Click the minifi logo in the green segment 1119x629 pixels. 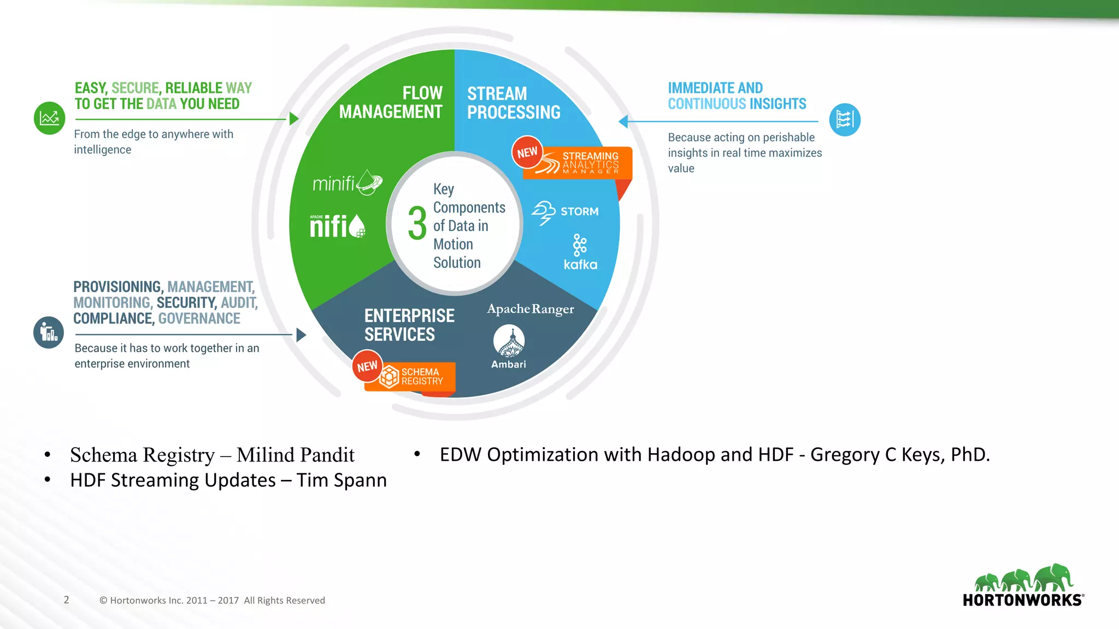coord(347,183)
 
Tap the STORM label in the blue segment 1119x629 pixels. coord(579,211)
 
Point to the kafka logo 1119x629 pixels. coord(580,252)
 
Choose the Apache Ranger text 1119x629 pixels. coord(531,309)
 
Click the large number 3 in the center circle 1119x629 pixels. coord(417,223)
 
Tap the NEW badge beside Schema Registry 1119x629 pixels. coord(367,366)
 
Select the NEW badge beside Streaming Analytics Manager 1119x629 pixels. coord(527,152)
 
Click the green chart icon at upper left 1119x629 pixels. coord(50,118)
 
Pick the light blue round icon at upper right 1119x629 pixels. coord(845,120)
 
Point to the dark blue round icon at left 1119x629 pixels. coord(49,333)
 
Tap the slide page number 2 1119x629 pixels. coord(67,600)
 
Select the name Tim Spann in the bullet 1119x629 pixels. coord(341,480)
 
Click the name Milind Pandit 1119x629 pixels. coord(296,455)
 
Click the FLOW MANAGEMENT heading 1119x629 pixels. coord(391,102)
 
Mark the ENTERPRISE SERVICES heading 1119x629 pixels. coord(409,325)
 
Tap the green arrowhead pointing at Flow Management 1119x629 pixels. coord(294,118)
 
